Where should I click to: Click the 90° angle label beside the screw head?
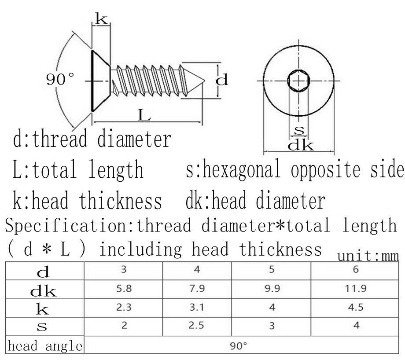pyautogui.click(x=60, y=79)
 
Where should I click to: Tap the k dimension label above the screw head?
pyautogui.click(x=101, y=18)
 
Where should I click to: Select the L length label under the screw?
pyautogui.click(x=144, y=115)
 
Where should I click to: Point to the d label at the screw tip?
pyautogui.click(x=222, y=80)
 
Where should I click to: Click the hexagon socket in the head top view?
pyautogui.click(x=298, y=81)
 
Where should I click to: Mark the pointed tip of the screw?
pyautogui.click(x=204, y=81)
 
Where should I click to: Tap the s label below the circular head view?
pyautogui.click(x=299, y=130)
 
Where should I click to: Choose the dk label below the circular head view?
pyautogui.click(x=301, y=145)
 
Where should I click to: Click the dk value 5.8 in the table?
pyautogui.click(x=124, y=288)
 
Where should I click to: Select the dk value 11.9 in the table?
pyautogui.click(x=356, y=288)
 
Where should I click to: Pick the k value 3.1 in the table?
pyautogui.click(x=197, y=307)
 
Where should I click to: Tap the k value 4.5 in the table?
pyautogui.click(x=356, y=307)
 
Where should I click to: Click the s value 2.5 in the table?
pyautogui.click(x=196, y=325)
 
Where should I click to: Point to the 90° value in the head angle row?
pyautogui.click(x=238, y=346)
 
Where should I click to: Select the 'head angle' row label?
pyautogui.click(x=45, y=346)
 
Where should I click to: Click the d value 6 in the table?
pyautogui.click(x=356, y=270)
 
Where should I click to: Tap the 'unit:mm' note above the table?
pyautogui.click(x=368, y=256)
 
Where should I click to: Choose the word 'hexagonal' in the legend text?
pyautogui.click(x=241, y=169)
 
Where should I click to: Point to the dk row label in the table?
pyautogui.click(x=43, y=291)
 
